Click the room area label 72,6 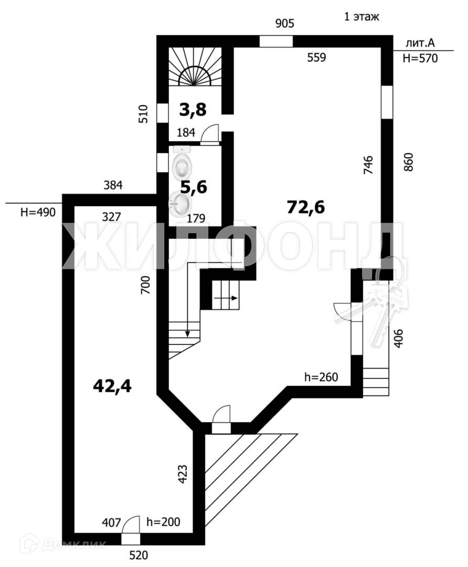tap(306, 207)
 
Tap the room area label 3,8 tap(193, 110)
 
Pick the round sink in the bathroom tap(179, 203)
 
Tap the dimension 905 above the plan tap(285, 23)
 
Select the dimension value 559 tap(316, 58)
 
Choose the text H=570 tap(420, 59)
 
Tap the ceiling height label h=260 tap(321, 377)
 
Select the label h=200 tap(163, 522)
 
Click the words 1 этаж tap(361, 16)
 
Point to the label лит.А tap(421, 43)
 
